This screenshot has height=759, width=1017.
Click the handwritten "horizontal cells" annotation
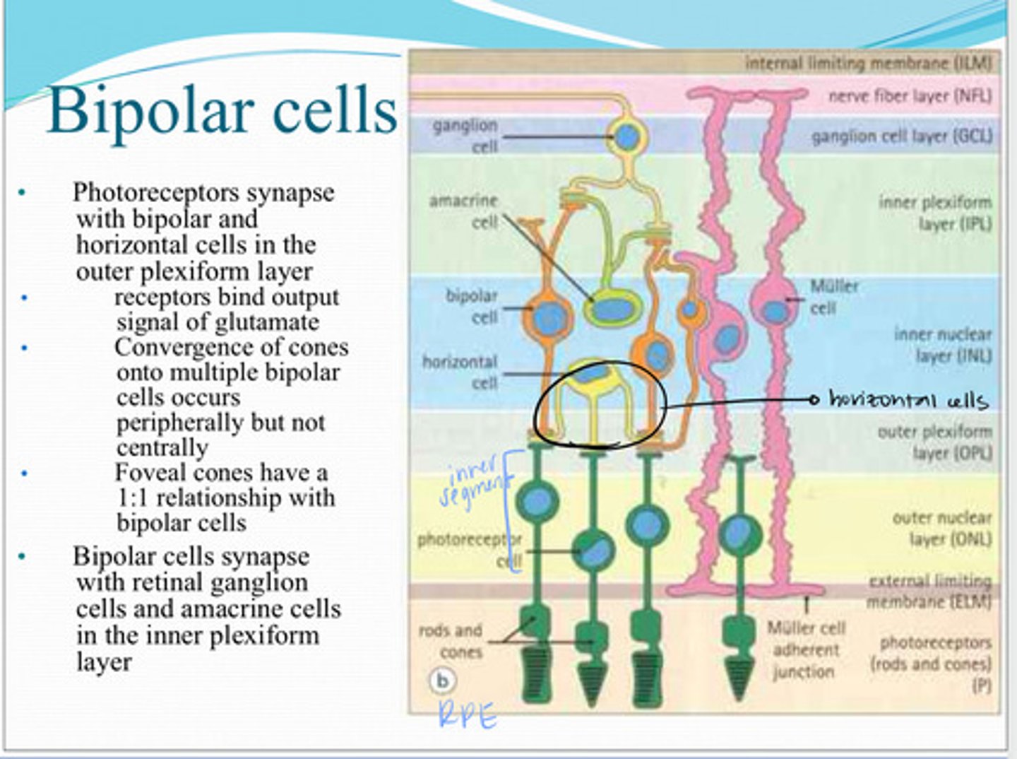point(908,399)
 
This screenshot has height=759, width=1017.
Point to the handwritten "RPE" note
point(468,716)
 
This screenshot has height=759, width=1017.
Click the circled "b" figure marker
point(443,681)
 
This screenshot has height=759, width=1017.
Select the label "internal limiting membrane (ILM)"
point(868,64)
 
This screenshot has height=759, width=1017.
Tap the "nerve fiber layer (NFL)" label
point(910,95)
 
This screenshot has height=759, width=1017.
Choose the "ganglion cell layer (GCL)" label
point(901,136)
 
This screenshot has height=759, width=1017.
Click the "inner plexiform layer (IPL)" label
point(935,213)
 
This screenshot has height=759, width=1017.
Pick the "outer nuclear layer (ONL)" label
point(941,529)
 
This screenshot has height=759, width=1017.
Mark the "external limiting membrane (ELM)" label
point(929,592)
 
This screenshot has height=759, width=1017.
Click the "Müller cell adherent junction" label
point(805,649)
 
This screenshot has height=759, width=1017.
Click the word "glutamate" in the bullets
point(267,322)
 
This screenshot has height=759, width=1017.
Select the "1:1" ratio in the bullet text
point(133,498)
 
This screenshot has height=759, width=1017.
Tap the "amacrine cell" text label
point(463,211)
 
